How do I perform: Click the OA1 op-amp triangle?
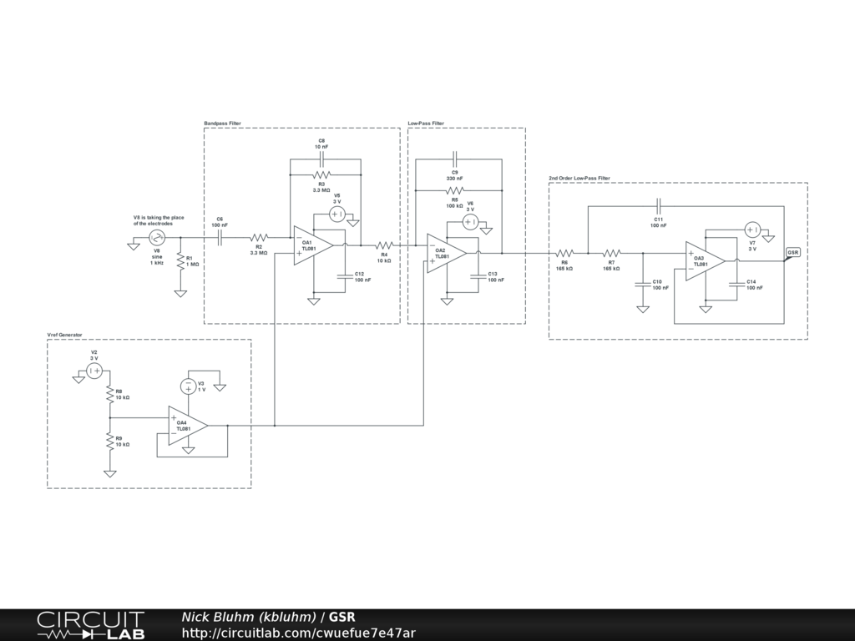(x=311, y=245)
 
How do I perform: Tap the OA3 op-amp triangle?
(x=702, y=261)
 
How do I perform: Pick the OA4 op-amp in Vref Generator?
(x=185, y=426)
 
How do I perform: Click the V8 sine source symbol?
(x=156, y=238)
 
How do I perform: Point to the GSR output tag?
(x=793, y=252)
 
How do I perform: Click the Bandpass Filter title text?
(x=222, y=124)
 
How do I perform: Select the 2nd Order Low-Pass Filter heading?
(x=579, y=178)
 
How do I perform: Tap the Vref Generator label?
(x=64, y=335)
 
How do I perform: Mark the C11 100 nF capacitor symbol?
(x=659, y=204)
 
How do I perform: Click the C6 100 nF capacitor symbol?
(x=220, y=238)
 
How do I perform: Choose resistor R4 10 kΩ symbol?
(x=384, y=245)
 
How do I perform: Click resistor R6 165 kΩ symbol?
(x=564, y=253)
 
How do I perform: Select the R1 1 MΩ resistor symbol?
(x=180, y=261)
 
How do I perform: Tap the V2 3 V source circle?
(x=94, y=370)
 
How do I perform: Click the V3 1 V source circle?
(x=189, y=386)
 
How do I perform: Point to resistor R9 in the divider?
(x=109, y=442)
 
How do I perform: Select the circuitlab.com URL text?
(x=298, y=633)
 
